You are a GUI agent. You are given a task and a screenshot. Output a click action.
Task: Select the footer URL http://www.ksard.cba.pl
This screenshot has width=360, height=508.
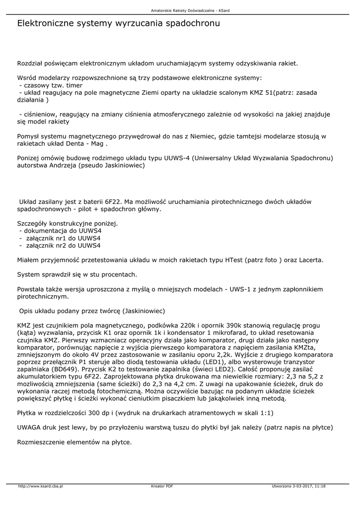point(41,486)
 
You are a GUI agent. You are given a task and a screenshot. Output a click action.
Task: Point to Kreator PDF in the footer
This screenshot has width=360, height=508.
point(162,486)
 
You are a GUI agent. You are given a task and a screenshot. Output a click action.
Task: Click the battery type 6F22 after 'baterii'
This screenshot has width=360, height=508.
point(113,202)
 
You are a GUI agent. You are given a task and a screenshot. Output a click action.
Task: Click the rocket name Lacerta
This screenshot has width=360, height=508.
point(311,260)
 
